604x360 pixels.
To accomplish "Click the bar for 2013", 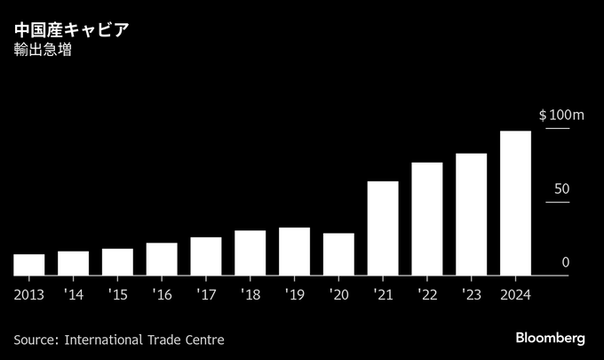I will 29,265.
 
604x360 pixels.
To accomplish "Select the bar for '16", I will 162,259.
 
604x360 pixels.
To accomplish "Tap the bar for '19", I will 294,252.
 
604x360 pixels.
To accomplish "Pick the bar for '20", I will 338,254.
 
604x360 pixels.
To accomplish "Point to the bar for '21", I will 383,228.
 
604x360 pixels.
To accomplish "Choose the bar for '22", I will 427,219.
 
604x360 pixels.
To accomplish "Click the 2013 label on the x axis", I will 29,294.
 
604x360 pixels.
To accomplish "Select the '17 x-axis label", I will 205,294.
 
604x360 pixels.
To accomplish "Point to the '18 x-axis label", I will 250,294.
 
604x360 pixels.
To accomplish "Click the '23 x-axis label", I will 471,294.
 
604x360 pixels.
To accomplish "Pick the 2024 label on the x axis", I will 515,294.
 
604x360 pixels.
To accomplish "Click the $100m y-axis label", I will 561,116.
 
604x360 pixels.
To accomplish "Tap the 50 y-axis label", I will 561,189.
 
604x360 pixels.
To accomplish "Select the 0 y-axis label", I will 566,263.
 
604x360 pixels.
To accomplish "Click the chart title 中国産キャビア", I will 71,30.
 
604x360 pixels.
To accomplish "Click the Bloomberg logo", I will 551,339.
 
